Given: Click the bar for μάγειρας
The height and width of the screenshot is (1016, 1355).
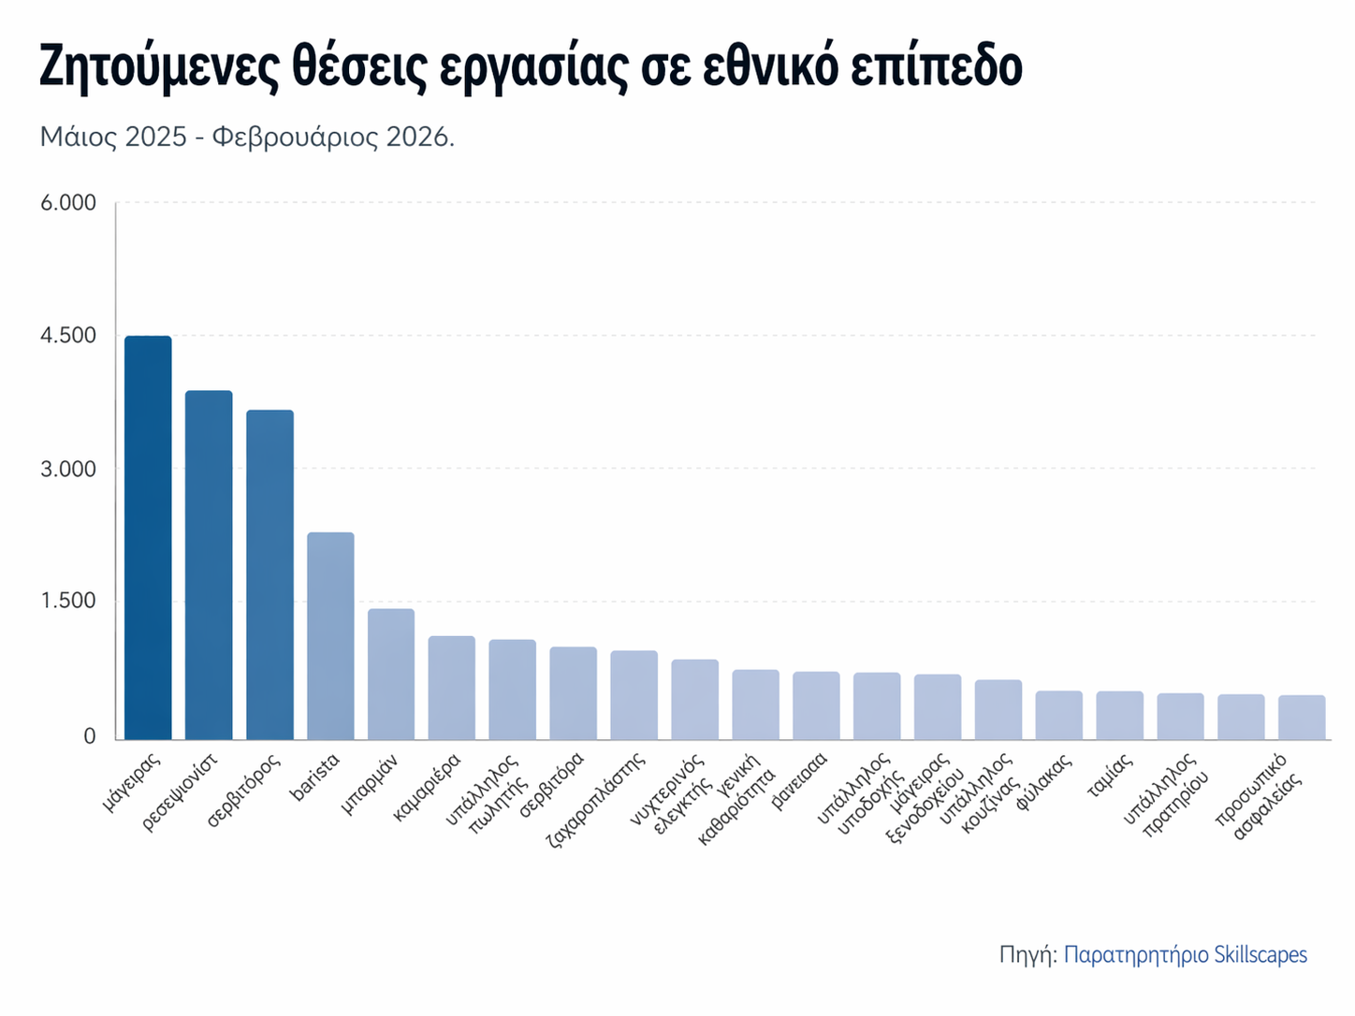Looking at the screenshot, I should click(x=148, y=537).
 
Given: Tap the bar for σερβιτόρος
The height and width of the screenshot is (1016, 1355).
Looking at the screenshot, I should click(x=270, y=574).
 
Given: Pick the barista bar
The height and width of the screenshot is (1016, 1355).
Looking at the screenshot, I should click(x=330, y=635).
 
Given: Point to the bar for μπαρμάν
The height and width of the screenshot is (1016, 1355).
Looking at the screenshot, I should click(x=391, y=674).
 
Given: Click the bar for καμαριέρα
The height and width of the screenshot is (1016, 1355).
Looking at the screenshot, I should click(x=452, y=688).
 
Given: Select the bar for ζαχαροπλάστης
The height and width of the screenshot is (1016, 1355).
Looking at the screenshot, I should click(x=634, y=695).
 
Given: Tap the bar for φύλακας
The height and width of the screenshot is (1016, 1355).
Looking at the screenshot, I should click(x=1058, y=715).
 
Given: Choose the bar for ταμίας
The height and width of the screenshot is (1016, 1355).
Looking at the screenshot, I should click(x=1119, y=715).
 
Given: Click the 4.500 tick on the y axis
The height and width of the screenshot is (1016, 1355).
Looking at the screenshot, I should click(x=68, y=335).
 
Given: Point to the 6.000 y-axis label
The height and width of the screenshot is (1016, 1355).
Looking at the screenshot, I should click(x=68, y=203).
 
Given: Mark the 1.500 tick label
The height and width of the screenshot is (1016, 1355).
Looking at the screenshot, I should click(x=68, y=601).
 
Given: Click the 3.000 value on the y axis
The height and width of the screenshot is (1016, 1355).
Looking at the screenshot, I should click(x=68, y=469).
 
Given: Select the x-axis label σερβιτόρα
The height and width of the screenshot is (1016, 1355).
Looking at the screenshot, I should click(x=553, y=784).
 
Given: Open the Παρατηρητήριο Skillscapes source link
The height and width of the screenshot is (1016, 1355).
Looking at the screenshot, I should click(x=1186, y=955).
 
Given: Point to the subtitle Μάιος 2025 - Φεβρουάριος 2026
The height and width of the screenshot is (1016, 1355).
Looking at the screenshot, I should click(x=247, y=138).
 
